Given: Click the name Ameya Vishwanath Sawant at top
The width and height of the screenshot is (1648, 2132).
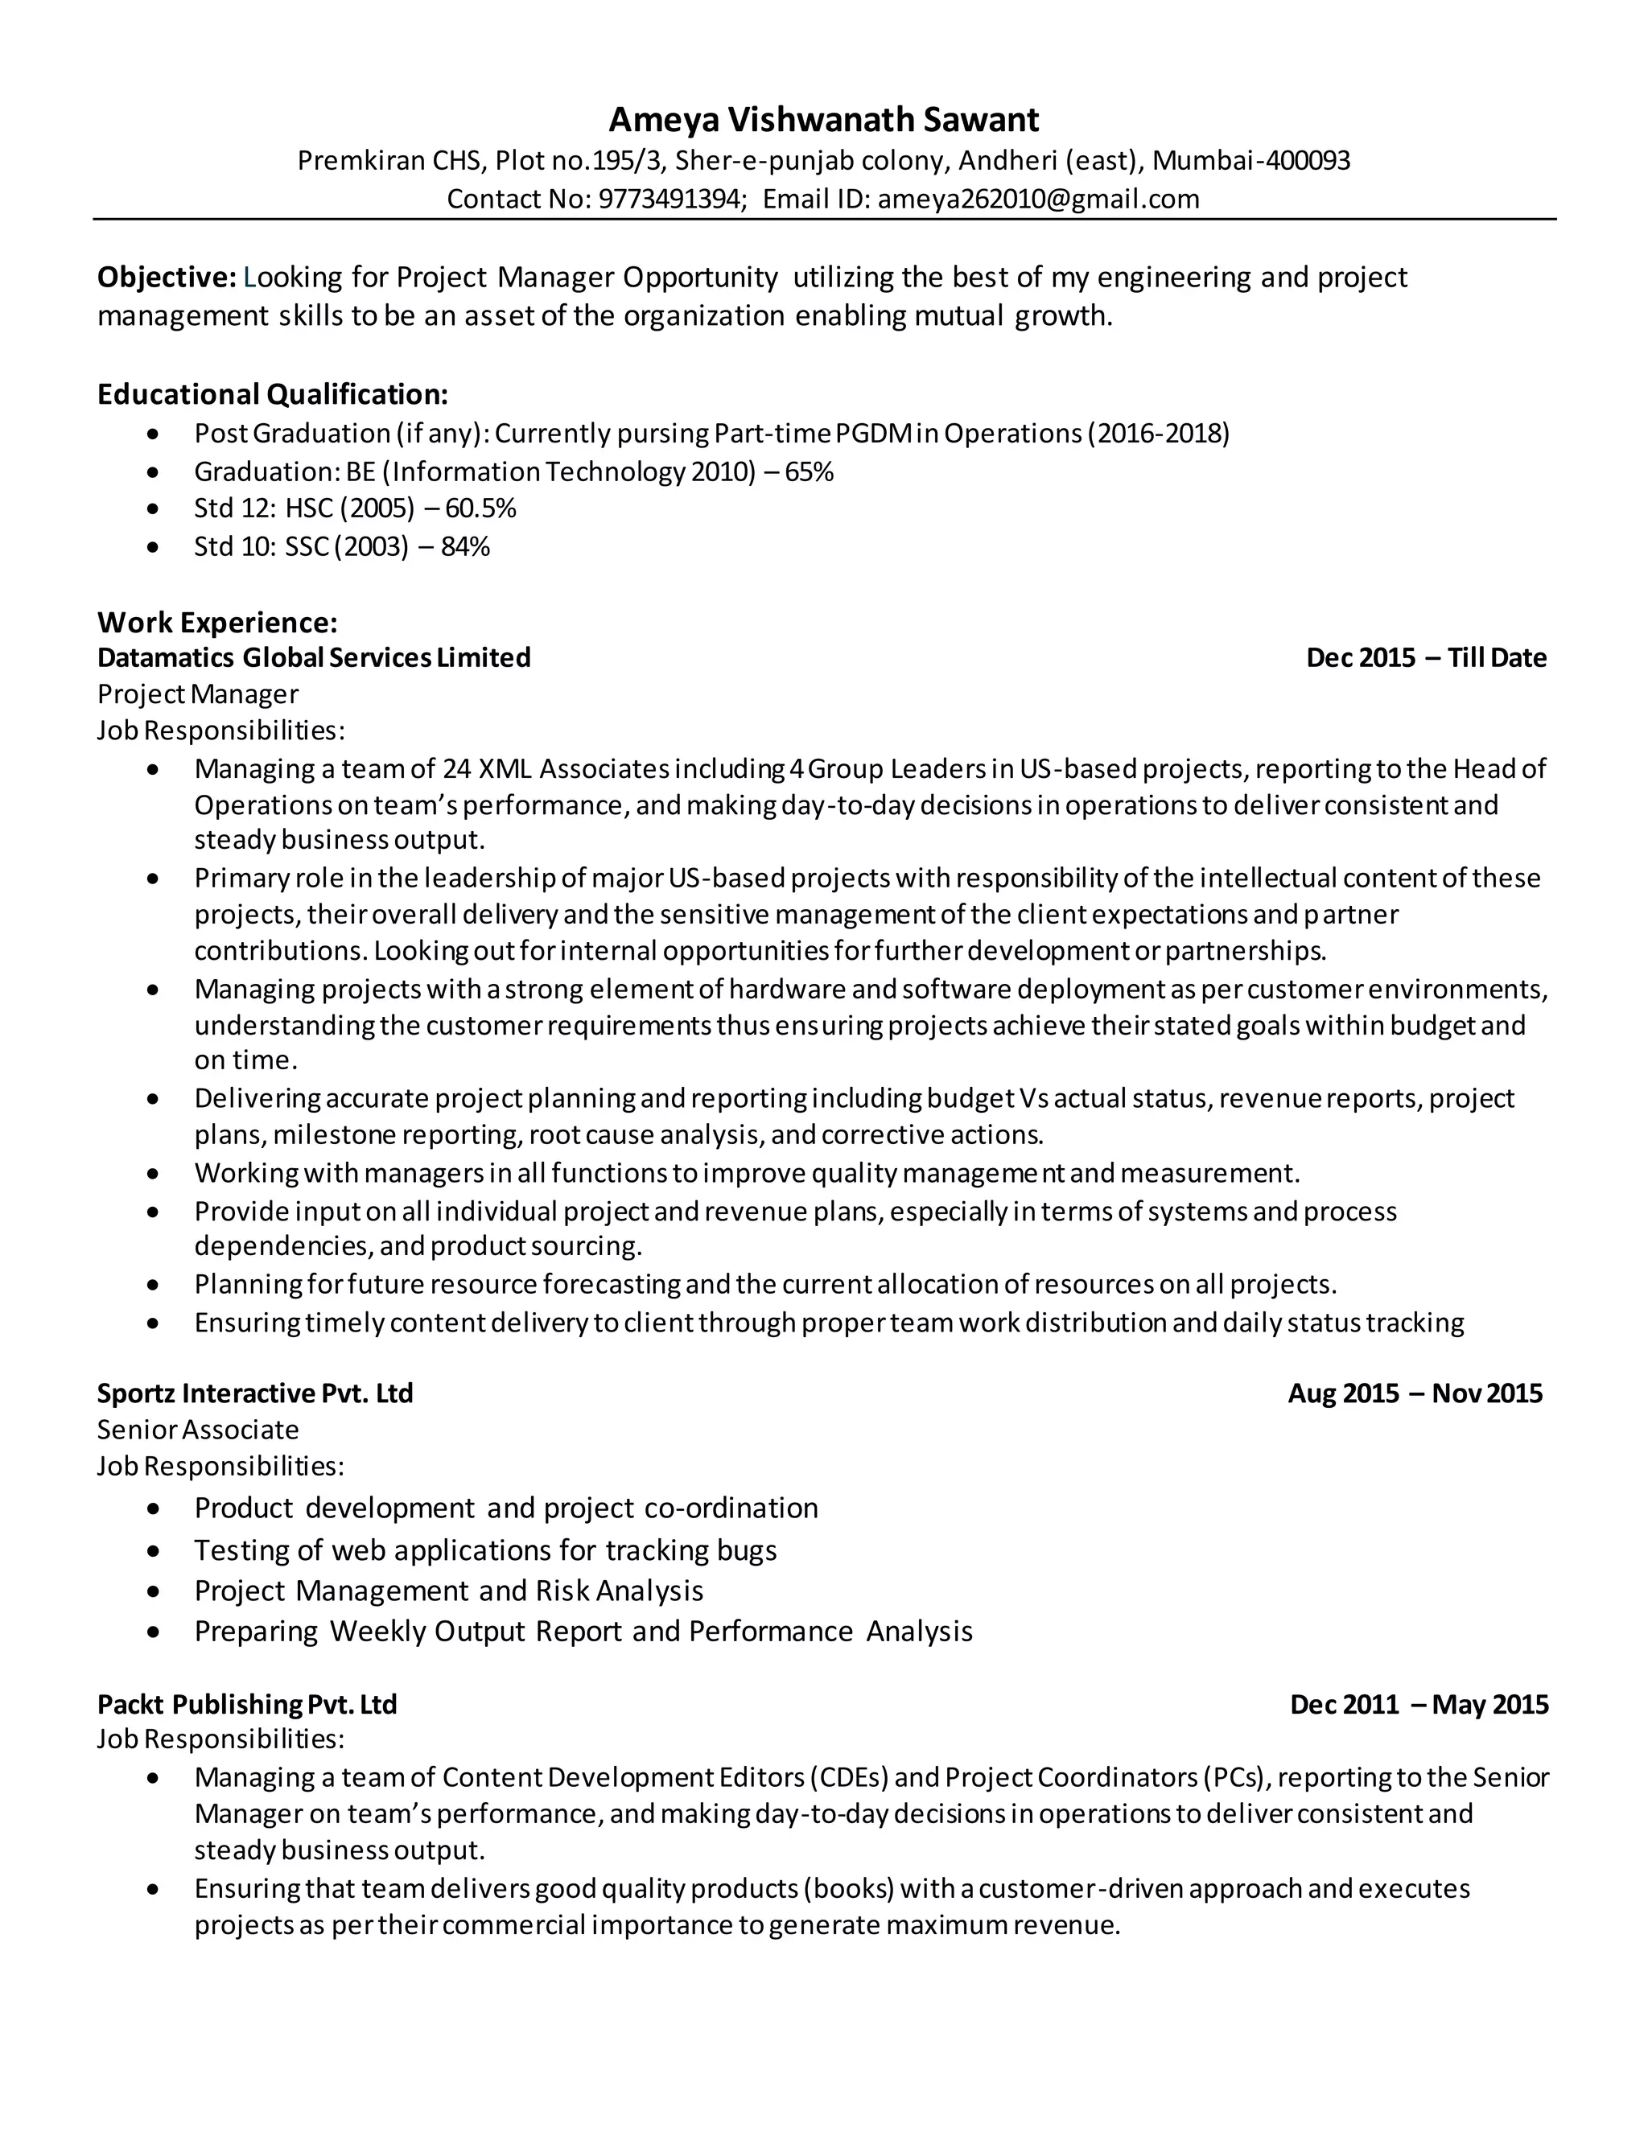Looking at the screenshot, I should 823,120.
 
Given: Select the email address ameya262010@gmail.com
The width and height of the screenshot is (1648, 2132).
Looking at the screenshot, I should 1038,200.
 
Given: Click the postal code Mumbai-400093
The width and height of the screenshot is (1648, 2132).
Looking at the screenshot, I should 1250,160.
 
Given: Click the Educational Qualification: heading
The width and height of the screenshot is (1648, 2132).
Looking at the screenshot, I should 273,394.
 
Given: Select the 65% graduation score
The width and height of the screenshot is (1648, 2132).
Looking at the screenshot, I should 809,472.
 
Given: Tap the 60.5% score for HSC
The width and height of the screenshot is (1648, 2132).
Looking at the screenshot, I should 480,508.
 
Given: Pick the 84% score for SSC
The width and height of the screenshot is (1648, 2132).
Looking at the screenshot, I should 465,546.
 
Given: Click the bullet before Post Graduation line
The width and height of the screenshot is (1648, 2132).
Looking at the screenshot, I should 152,434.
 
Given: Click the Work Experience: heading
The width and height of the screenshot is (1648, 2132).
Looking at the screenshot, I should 216,623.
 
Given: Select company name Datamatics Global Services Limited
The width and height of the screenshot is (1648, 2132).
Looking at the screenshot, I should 313,658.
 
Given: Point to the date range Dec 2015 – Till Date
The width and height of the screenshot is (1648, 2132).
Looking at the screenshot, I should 1425,658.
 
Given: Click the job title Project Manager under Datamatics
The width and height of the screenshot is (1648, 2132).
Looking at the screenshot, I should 197,694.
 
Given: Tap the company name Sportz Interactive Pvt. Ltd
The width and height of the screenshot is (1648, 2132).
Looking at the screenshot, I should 255,1393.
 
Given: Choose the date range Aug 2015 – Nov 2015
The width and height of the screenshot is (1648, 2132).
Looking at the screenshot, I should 1415,1393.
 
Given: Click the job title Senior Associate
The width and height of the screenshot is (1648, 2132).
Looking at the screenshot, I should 197,1430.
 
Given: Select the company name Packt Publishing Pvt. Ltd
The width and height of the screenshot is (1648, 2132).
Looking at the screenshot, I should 247,1705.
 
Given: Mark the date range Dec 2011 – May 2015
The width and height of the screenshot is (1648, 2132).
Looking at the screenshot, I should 1419,1705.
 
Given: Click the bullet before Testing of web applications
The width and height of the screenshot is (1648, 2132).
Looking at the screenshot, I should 152,1551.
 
